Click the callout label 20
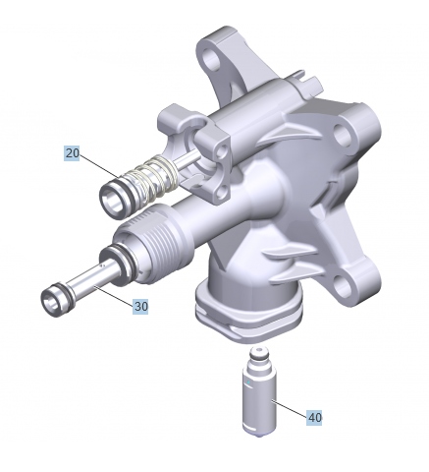point(73,153)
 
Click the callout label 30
point(140,306)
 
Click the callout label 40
point(314,417)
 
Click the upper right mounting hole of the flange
point(343,136)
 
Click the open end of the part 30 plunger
point(50,299)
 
